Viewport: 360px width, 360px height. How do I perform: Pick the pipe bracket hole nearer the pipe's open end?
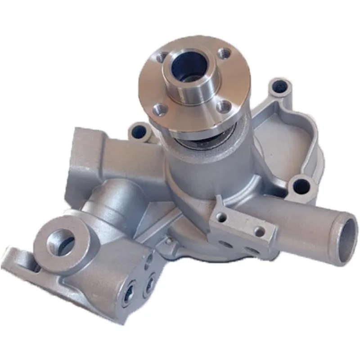tap(259, 232)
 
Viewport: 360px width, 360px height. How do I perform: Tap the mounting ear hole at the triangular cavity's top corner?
tap(279, 85)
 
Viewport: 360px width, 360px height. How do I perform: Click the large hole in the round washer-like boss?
tap(58, 241)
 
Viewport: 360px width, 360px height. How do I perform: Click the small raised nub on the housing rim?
tap(169, 241)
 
